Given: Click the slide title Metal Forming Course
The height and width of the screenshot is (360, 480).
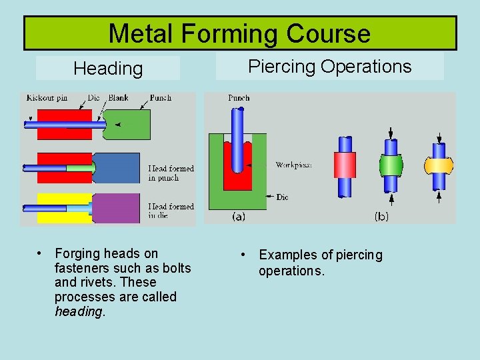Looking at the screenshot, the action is [239, 33].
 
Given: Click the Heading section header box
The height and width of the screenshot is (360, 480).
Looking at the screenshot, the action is [108, 68].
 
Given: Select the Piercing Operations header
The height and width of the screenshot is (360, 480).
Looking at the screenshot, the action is [329, 66].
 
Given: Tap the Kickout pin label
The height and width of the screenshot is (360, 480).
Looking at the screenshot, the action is [47, 97].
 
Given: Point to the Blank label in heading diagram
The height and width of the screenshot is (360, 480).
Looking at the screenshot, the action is [119, 97].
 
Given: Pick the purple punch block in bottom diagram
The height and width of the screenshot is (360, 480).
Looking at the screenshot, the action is [116, 207].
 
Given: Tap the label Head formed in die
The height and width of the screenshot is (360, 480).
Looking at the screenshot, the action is [171, 211].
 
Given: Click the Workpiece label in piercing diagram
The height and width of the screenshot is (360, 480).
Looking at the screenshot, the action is [294, 164].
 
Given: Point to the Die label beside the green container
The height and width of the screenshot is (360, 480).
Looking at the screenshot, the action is [283, 197].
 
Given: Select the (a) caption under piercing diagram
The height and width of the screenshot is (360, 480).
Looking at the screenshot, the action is [238, 216].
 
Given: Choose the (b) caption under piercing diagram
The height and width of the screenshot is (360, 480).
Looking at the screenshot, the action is [381, 216].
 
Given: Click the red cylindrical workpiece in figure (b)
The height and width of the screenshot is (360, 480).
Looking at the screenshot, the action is [345, 165].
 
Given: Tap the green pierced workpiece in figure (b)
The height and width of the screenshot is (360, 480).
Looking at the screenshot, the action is [392, 165].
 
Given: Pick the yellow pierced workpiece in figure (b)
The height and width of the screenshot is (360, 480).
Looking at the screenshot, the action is [439, 164].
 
